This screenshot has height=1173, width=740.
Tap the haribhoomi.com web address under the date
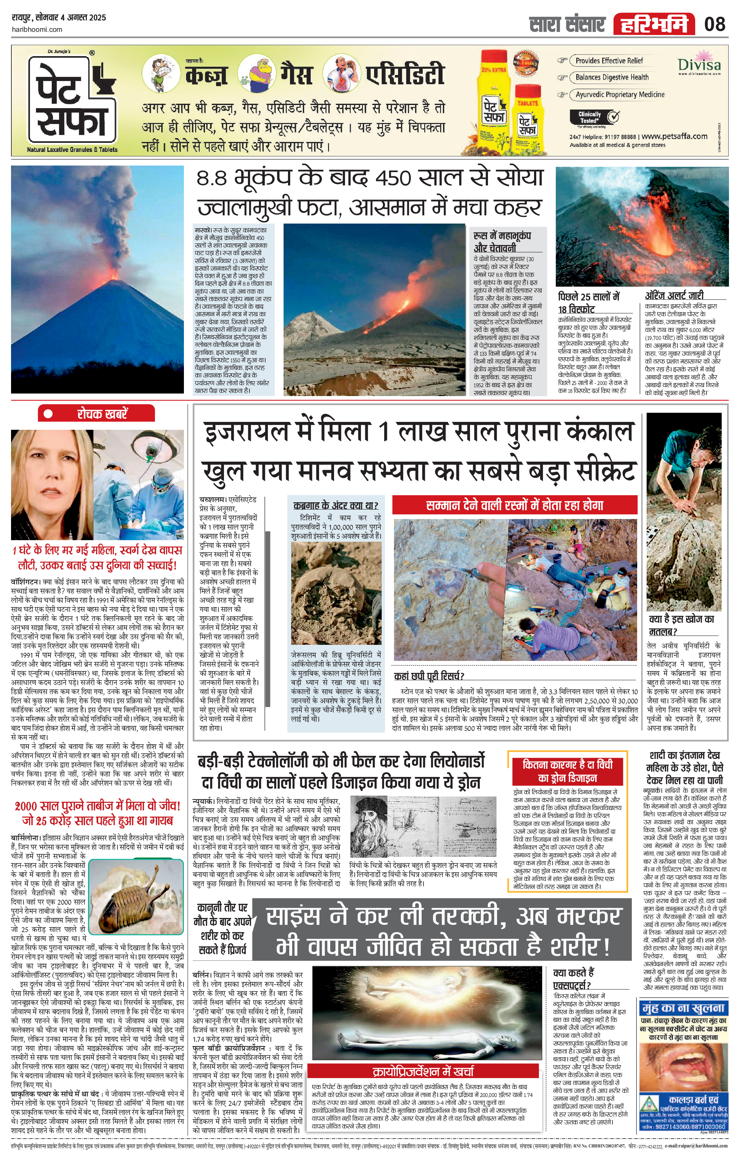[37, 29]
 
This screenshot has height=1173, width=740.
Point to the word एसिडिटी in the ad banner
[405, 74]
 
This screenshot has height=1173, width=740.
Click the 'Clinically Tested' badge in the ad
[594, 117]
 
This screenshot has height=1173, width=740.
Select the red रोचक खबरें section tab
[97, 414]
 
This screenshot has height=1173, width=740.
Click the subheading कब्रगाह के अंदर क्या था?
[336, 505]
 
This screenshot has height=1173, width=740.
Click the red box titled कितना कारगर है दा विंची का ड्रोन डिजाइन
[567, 770]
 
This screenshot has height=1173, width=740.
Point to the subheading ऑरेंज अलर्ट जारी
[674, 295]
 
